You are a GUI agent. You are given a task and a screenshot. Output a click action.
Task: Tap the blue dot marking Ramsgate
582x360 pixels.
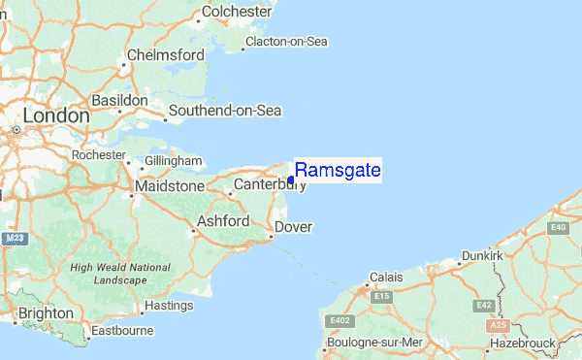click(291, 180)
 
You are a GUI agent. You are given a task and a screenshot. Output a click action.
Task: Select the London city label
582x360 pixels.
click(55, 115)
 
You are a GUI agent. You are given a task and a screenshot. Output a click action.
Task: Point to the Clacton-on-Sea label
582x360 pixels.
click(287, 42)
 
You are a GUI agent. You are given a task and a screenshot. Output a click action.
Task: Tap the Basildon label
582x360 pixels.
click(119, 101)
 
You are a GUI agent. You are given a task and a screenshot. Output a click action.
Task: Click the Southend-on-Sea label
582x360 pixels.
click(224, 111)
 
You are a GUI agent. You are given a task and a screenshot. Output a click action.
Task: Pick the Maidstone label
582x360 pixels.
click(171, 185)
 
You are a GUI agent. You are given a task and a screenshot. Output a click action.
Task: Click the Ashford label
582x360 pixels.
click(224, 221)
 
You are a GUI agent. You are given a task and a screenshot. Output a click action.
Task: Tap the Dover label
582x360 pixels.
click(292, 227)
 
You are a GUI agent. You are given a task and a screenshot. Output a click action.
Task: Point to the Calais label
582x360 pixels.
click(386, 278)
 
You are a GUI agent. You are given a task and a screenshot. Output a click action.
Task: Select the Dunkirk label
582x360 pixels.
click(482, 255)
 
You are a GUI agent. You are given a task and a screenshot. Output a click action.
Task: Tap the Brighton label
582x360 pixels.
click(45, 313)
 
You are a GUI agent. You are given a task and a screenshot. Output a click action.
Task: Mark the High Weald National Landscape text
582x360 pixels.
click(108, 274)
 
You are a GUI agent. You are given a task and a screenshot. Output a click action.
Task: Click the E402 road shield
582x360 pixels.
click(340, 319)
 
